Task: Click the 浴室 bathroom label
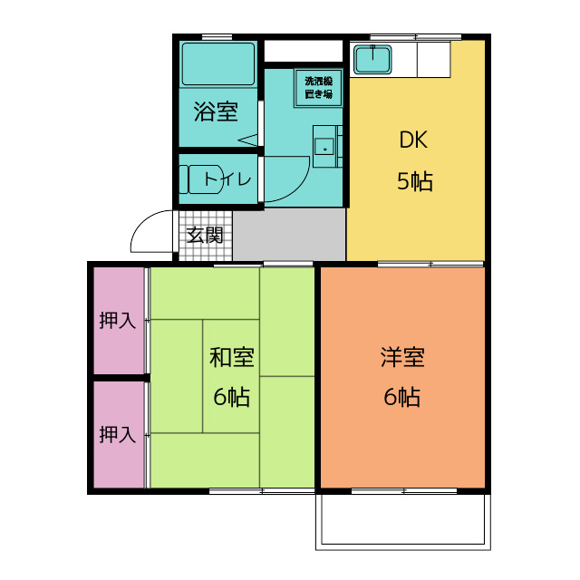coord(216,111)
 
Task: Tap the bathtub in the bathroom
coord(218,64)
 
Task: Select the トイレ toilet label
coord(227,179)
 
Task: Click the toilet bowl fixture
coord(202,179)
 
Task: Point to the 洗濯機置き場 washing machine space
coord(318,88)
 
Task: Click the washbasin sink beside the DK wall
coord(325,147)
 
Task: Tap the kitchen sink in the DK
coord(372,59)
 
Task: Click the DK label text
coord(413,140)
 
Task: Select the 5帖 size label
coord(415,181)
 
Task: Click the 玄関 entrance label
coord(205,236)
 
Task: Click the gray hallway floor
coord(289,235)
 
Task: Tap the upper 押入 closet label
coord(118,320)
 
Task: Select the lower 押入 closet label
coord(118,434)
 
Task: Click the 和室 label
coord(232,357)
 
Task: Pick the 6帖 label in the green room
coord(232,397)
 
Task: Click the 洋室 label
coord(402,357)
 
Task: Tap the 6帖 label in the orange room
coord(402,397)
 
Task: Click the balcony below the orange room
coord(403,522)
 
